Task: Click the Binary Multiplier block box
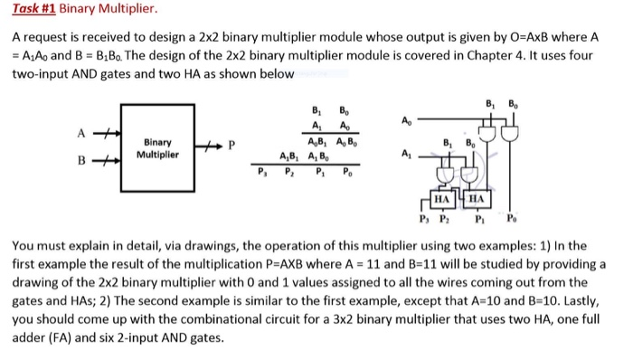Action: [157, 148]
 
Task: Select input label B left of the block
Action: [79, 164]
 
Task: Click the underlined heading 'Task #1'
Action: [35, 11]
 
